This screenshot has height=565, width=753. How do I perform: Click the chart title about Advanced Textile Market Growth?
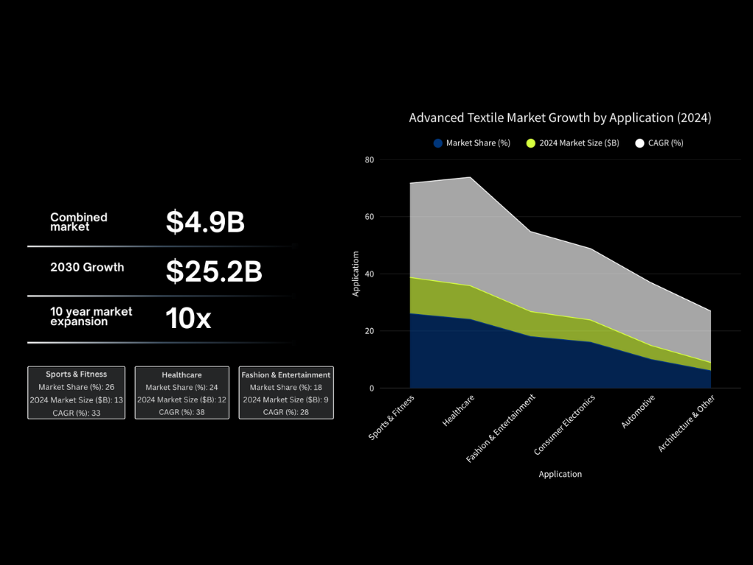[560, 118]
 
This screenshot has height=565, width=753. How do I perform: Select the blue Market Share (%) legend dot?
[438, 143]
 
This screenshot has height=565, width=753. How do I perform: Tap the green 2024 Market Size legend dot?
[531, 143]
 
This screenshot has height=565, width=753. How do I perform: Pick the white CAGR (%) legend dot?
[640, 143]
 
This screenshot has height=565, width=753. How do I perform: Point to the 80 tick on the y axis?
[369, 160]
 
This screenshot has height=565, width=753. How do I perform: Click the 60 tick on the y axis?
[369, 217]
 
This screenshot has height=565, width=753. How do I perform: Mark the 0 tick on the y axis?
[371, 388]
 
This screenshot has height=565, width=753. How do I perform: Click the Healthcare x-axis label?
[458, 411]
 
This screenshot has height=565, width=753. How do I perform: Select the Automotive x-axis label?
[638, 411]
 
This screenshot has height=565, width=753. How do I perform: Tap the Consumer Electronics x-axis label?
[564, 424]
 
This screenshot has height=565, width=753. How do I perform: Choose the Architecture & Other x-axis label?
[686, 423]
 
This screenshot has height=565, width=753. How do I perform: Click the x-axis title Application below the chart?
[560, 475]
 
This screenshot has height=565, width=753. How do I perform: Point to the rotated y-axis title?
[355, 274]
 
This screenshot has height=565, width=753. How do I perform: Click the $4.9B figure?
[205, 222]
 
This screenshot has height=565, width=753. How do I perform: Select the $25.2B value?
[214, 271]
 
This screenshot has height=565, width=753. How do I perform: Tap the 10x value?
[188, 318]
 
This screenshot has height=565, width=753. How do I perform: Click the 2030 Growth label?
[87, 267]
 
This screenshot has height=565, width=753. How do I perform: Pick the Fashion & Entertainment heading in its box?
[286, 374]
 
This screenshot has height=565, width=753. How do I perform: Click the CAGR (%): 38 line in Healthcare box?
[182, 412]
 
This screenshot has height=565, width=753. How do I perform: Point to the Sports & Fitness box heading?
[76, 374]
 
